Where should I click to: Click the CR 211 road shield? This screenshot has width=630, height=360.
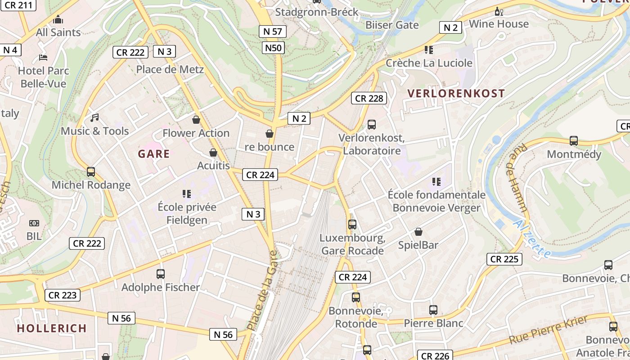(16, 5)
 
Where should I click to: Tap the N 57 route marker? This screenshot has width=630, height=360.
(273, 31)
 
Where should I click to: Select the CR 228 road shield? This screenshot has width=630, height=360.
(369, 98)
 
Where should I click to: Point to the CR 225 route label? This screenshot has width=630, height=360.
(504, 259)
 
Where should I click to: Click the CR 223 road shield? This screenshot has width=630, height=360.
(63, 295)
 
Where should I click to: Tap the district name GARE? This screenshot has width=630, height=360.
(154, 154)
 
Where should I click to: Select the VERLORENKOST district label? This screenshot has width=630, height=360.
(456, 94)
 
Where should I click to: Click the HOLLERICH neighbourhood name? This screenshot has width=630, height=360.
(52, 328)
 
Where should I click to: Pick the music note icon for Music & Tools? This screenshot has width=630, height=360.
(94, 118)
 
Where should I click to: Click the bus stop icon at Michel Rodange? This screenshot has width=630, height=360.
(91, 172)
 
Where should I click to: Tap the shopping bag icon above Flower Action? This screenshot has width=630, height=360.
(196, 120)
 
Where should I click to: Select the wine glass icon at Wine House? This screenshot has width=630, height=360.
(499, 11)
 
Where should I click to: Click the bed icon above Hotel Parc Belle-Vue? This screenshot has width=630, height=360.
(43, 58)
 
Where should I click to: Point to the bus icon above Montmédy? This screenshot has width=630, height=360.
(574, 141)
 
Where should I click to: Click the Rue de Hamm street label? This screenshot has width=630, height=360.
(518, 178)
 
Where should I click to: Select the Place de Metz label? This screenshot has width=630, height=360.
(170, 69)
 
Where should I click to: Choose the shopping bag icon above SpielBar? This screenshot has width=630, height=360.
(418, 232)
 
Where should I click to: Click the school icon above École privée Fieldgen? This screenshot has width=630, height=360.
(187, 194)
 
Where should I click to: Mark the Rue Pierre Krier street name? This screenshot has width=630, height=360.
(549, 330)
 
